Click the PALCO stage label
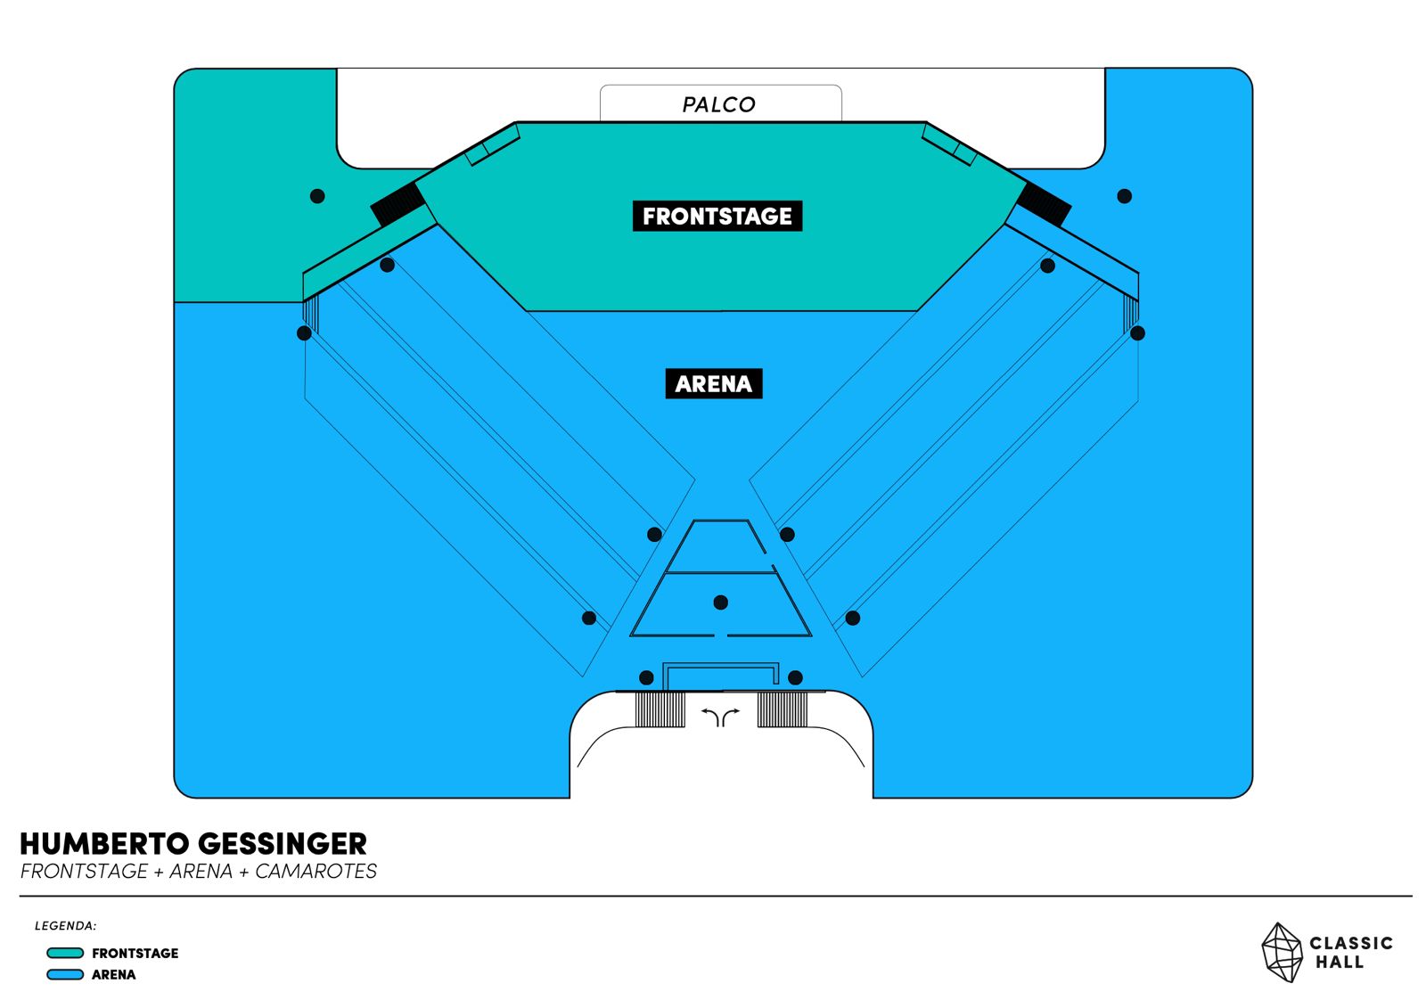[x=718, y=104]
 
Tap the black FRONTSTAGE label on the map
[x=717, y=217]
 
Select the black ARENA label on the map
[x=714, y=384]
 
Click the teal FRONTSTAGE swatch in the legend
[x=65, y=953]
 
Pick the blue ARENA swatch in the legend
[x=65, y=974]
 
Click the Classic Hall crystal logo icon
[x=1282, y=952]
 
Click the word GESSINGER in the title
[x=282, y=844]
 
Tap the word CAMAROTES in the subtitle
[x=316, y=872]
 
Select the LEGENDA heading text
[x=66, y=926]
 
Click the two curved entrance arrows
[x=720, y=716]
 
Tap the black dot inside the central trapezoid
[x=721, y=602]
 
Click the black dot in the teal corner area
[x=317, y=196]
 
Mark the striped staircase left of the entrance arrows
[x=660, y=709]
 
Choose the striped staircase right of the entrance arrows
[x=783, y=709]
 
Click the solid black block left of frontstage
[x=398, y=204]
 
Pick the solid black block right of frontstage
[x=1045, y=204]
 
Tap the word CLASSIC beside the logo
[x=1350, y=943]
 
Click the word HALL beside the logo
[x=1340, y=963]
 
